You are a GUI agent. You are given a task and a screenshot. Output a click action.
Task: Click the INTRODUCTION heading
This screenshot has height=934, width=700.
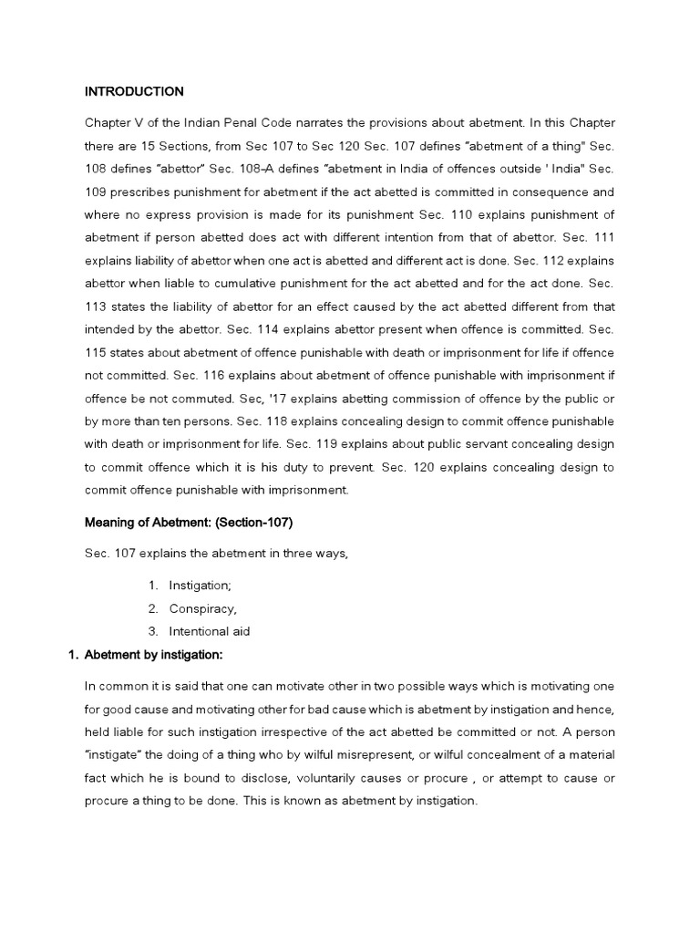(134, 91)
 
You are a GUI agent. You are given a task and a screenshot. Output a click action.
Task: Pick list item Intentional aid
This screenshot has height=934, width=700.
(210, 631)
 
